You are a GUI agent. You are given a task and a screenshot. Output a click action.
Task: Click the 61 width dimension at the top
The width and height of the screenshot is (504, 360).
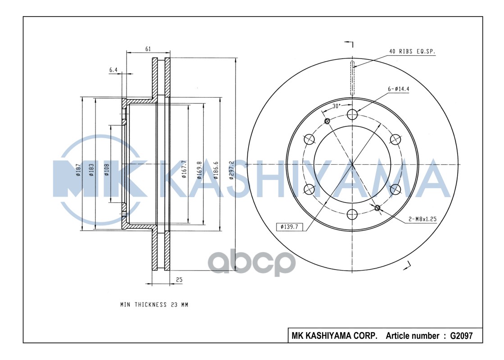tap(148, 49)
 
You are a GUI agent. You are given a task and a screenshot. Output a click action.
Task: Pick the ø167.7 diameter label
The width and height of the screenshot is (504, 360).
tap(184, 169)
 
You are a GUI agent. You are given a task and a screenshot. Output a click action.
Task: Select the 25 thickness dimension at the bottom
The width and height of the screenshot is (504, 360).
tap(179, 279)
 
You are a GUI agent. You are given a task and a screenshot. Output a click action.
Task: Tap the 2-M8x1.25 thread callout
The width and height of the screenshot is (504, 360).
tap(422, 219)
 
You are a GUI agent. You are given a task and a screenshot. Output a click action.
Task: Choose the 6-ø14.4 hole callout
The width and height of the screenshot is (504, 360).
tap(398, 89)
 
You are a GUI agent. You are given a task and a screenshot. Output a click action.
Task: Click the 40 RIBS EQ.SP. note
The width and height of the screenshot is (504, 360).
tap(412, 52)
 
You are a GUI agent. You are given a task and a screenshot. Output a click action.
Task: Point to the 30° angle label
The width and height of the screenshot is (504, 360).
tap(336, 106)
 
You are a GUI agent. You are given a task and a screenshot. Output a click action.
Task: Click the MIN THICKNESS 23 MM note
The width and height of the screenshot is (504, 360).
tap(154, 305)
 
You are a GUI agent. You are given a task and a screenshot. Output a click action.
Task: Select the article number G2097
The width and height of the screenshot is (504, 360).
tap(460, 336)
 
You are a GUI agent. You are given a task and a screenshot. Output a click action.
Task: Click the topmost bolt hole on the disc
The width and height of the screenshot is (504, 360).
tap(353, 114)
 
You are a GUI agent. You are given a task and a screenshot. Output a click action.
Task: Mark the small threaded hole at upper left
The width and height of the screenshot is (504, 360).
tap(327, 120)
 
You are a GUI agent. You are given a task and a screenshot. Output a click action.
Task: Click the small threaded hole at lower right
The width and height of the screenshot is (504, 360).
tap(377, 207)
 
